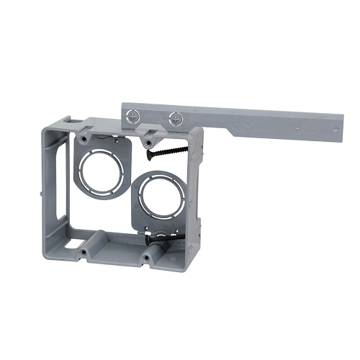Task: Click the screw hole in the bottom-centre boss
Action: (x=147, y=257)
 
